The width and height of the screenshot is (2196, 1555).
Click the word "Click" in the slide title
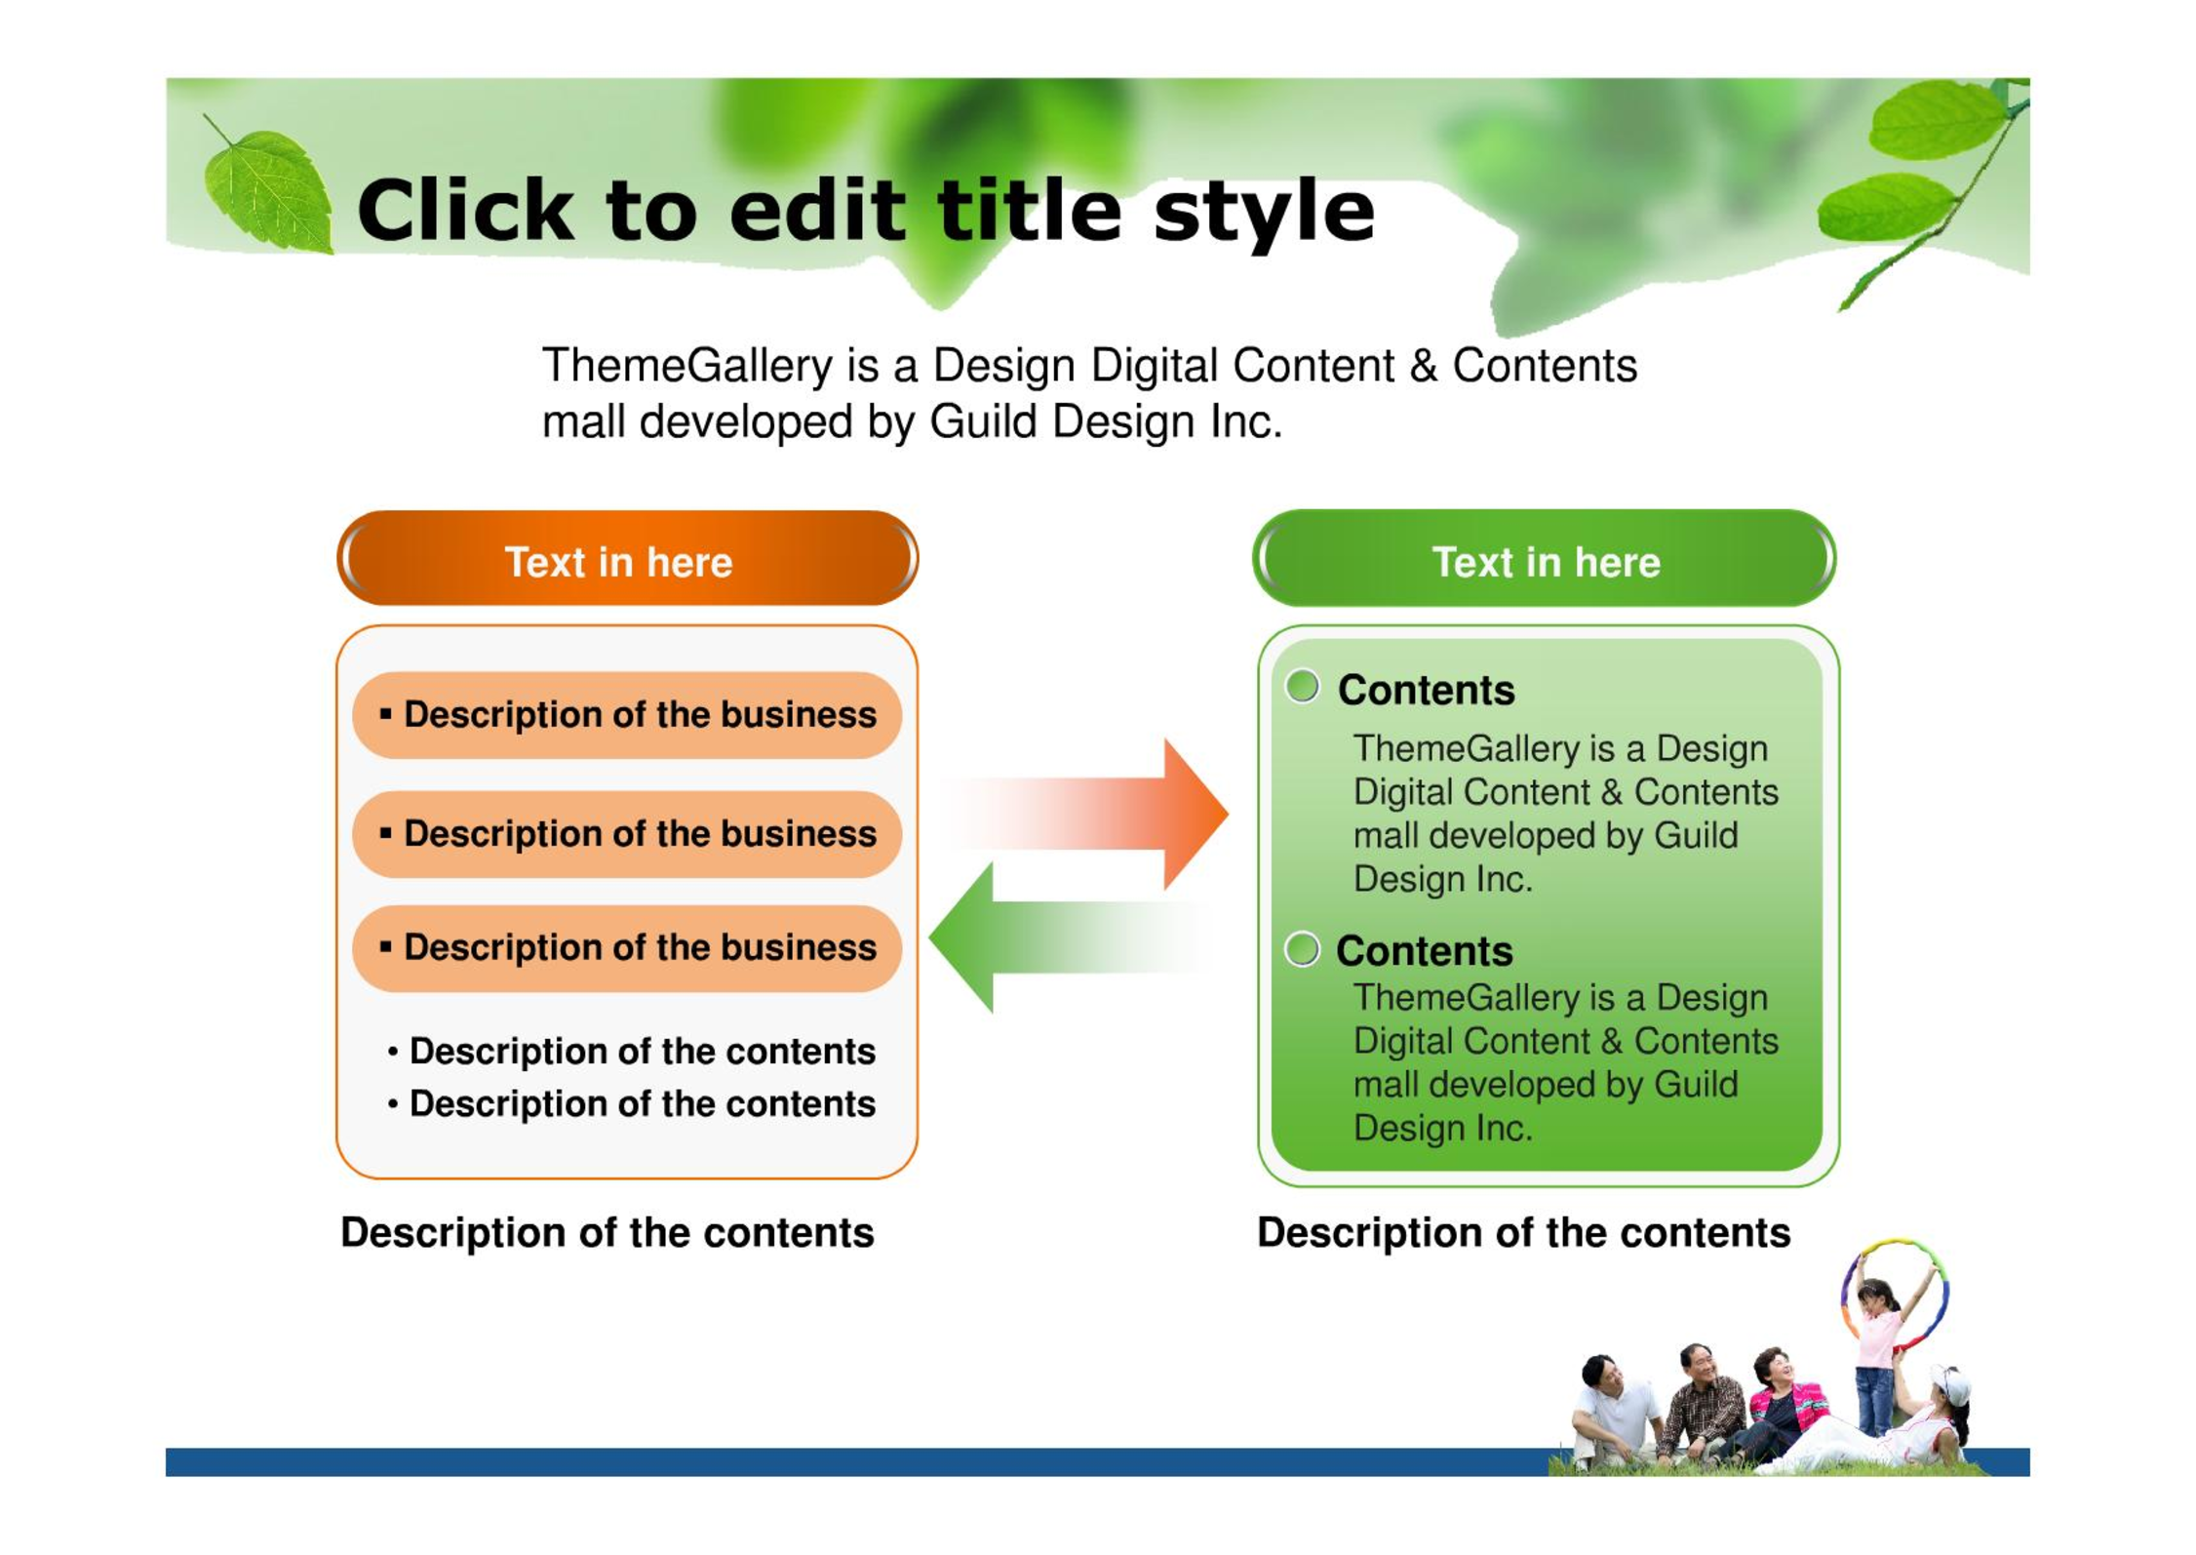point(466,210)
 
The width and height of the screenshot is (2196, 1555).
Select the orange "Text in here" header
point(627,558)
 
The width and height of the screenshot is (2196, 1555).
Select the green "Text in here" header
point(1545,558)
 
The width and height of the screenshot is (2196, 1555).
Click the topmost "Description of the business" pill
point(627,715)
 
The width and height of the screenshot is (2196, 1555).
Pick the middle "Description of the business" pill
point(627,834)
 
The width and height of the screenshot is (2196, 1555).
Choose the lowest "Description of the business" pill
point(627,948)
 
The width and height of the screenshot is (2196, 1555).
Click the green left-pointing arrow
point(1068,937)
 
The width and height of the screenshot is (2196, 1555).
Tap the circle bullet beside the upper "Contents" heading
point(1303,687)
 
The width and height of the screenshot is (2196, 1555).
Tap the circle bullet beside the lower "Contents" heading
point(1303,948)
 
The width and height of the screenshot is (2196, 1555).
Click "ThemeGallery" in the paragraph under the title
point(687,366)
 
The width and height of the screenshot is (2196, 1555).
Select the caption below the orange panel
point(608,1233)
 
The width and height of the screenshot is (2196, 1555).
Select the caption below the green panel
point(1524,1233)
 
